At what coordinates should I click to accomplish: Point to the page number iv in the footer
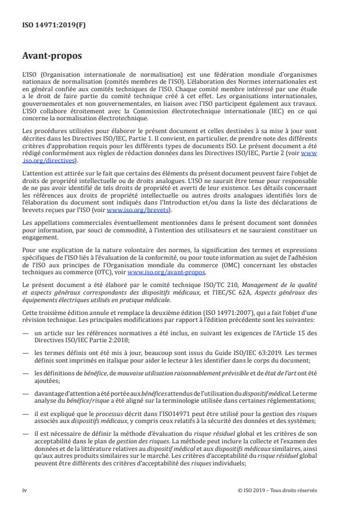[x=25, y=490]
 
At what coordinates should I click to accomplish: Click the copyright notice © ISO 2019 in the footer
[x=277, y=490]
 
